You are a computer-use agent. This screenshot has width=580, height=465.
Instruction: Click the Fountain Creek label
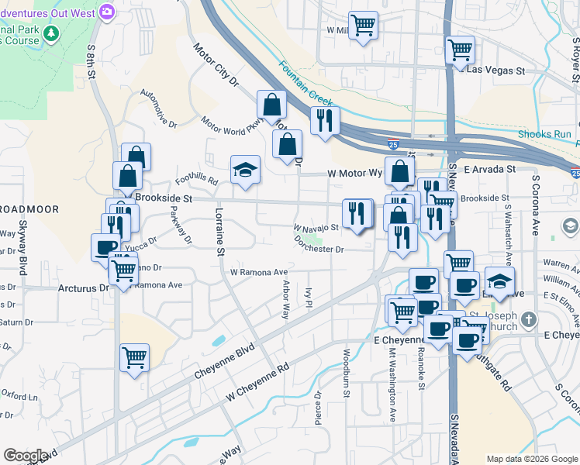(306, 84)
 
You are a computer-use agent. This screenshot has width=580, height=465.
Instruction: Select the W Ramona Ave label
(259, 272)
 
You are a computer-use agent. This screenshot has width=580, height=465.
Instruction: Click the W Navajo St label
(316, 228)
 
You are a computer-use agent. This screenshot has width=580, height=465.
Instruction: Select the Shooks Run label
(551, 134)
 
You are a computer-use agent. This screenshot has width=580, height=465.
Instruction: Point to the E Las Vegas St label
(495, 71)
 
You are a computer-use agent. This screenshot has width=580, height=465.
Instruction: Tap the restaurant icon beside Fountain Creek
(325, 120)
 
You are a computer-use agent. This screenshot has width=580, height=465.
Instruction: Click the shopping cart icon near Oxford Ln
(135, 357)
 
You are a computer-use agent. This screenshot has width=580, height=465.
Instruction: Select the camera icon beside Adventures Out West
(107, 12)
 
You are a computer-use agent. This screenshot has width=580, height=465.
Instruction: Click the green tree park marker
(51, 33)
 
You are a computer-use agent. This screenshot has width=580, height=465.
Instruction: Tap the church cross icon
(528, 319)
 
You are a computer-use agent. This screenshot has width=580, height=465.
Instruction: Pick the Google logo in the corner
(26, 456)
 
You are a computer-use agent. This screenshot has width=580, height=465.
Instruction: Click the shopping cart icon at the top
(362, 25)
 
